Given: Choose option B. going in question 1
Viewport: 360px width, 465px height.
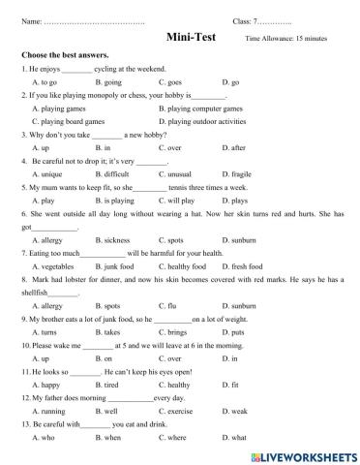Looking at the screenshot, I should [x=112, y=83].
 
